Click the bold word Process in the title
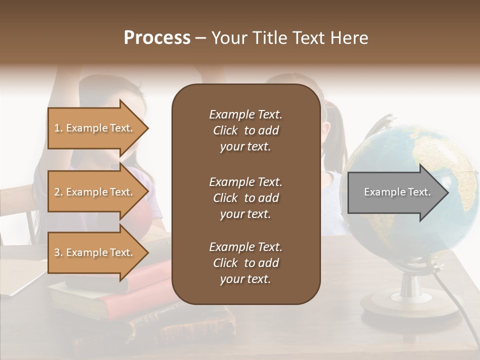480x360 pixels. coord(157,38)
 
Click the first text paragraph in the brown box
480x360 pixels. coord(245,130)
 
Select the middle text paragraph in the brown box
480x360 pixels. coord(245,198)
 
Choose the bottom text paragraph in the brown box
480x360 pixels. coord(245,263)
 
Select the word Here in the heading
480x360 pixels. coord(349,38)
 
